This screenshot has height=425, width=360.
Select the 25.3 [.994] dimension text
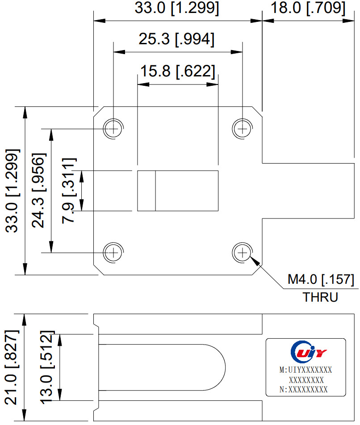click(176, 39)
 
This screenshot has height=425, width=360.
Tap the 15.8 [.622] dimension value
click(177, 71)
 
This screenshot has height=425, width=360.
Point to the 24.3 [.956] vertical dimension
click(39, 190)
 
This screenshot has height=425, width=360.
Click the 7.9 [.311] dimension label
click(70, 190)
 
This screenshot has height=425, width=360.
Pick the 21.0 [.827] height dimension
click(12, 367)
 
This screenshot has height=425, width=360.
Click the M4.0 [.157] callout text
click(321, 280)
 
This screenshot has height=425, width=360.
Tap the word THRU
click(320, 297)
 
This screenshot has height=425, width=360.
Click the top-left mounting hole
click(114, 129)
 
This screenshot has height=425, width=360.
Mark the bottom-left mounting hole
click(114, 252)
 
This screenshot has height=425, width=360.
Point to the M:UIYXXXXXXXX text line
click(306, 370)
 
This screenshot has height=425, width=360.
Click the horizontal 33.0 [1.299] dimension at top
click(177, 8)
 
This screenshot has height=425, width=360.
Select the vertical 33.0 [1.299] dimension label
click(12, 190)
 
